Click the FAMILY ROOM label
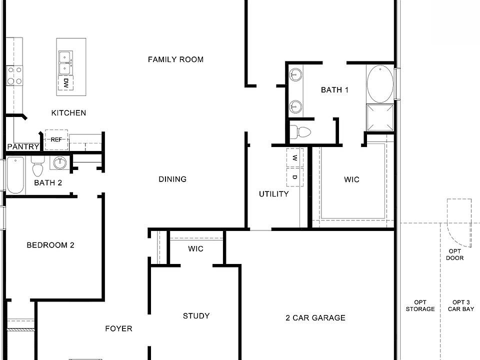click(175, 59)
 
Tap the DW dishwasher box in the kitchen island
click(65, 83)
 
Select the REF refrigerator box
click(56, 140)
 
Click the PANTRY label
click(23, 146)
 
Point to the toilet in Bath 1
click(301, 132)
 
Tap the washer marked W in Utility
click(294, 158)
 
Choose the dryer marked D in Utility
click(294, 177)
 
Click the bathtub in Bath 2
click(15, 175)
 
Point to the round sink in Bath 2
click(60, 163)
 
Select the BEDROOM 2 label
click(50, 245)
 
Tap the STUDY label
click(196, 316)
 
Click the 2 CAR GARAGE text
click(315, 318)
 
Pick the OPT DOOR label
click(455, 254)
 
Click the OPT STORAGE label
click(420, 305)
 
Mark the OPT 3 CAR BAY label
click(461, 305)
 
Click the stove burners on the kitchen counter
click(13, 76)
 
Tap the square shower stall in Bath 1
click(379, 117)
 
